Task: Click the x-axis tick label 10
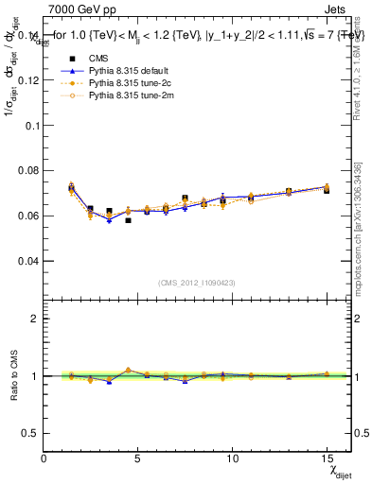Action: (x=232, y=459)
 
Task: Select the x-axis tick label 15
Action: (x=327, y=459)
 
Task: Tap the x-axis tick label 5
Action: (x=138, y=459)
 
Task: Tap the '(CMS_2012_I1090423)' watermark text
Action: (x=197, y=284)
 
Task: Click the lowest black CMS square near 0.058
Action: (x=128, y=220)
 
